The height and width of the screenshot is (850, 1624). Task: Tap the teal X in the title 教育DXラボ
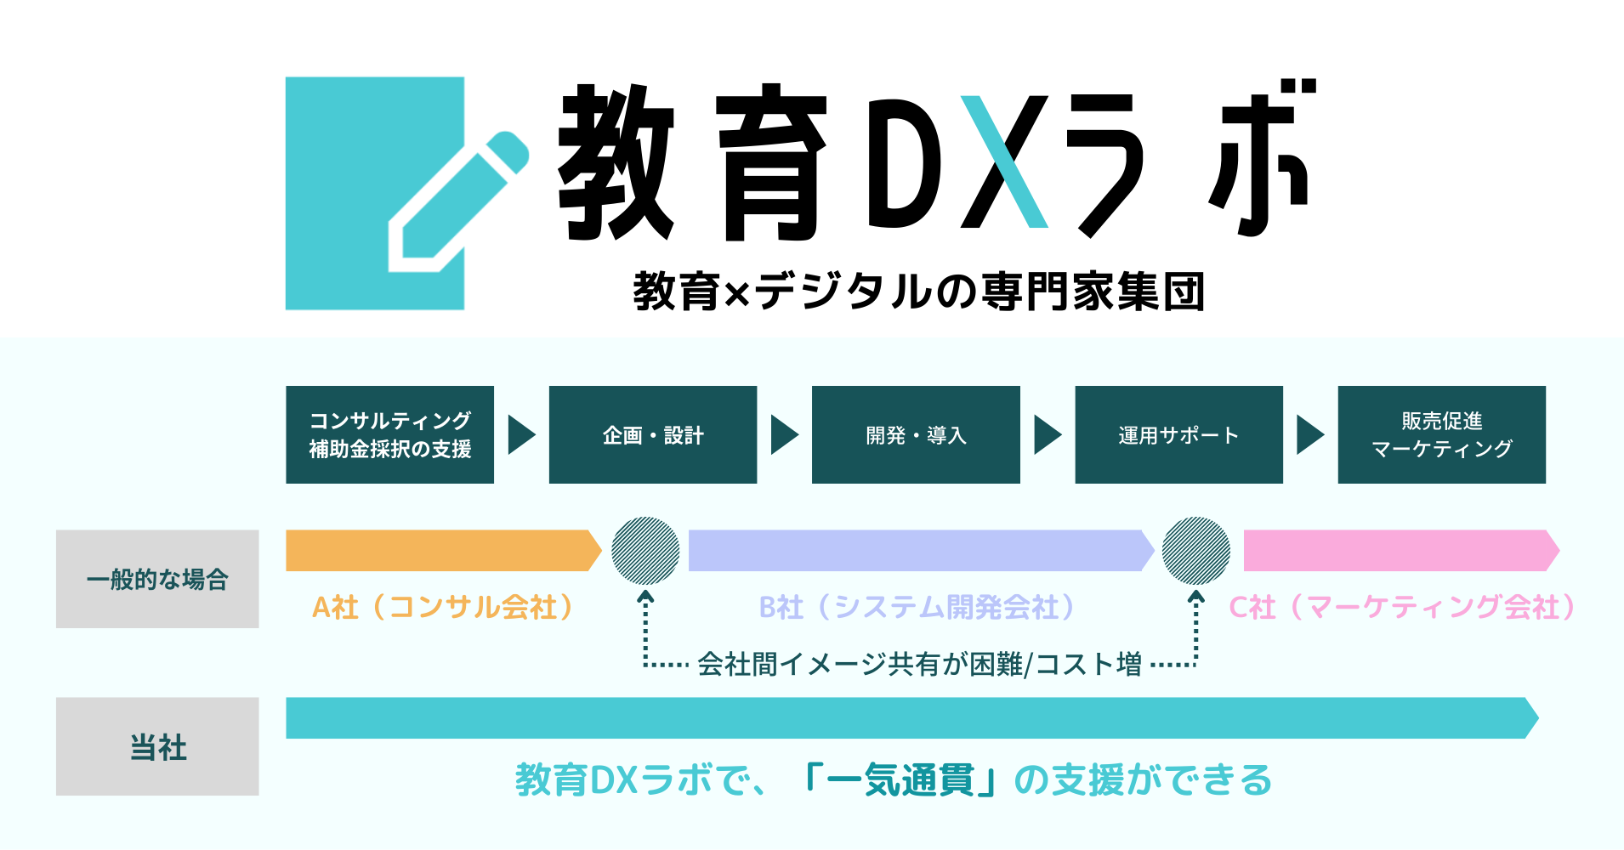click(1004, 161)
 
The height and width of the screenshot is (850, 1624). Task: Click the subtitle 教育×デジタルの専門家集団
click(918, 292)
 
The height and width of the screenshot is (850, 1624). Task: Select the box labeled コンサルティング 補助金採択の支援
click(389, 434)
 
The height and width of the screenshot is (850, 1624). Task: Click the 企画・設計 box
click(652, 434)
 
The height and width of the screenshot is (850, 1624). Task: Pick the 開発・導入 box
click(916, 434)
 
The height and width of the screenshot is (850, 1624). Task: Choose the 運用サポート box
click(1178, 434)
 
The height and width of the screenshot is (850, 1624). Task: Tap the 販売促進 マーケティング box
click(1441, 434)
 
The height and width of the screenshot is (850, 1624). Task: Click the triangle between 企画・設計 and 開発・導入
click(783, 434)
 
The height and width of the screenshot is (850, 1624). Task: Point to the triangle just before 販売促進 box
click(1309, 434)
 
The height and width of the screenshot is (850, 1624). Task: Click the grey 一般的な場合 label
click(157, 579)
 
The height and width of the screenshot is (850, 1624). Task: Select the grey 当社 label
click(157, 746)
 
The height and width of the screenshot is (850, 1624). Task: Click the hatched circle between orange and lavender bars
click(645, 550)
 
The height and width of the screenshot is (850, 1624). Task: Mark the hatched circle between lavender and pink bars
click(1195, 550)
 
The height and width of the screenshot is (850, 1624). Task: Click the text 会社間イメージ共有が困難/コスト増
click(919, 664)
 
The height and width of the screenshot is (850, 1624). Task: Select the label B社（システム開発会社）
click(918, 607)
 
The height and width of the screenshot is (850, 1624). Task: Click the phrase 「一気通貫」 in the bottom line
click(900, 779)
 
